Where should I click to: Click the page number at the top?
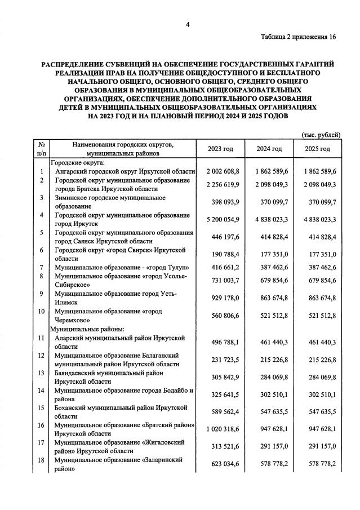click(x=186, y=24)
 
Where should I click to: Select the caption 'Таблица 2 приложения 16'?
click(x=298, y=37)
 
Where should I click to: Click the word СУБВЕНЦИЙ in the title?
click(x=117, y=65)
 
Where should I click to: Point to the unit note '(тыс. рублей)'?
click(x=321, y=135)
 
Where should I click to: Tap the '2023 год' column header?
click(x=220, y=148)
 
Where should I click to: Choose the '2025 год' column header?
click(x=318, y=148)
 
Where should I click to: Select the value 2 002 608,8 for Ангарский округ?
click(x=220, y=171)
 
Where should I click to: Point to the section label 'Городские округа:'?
click(x=77, y=162)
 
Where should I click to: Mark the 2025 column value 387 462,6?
click(x=318, y=267)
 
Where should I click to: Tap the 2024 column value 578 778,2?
click(x=269, y=464)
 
